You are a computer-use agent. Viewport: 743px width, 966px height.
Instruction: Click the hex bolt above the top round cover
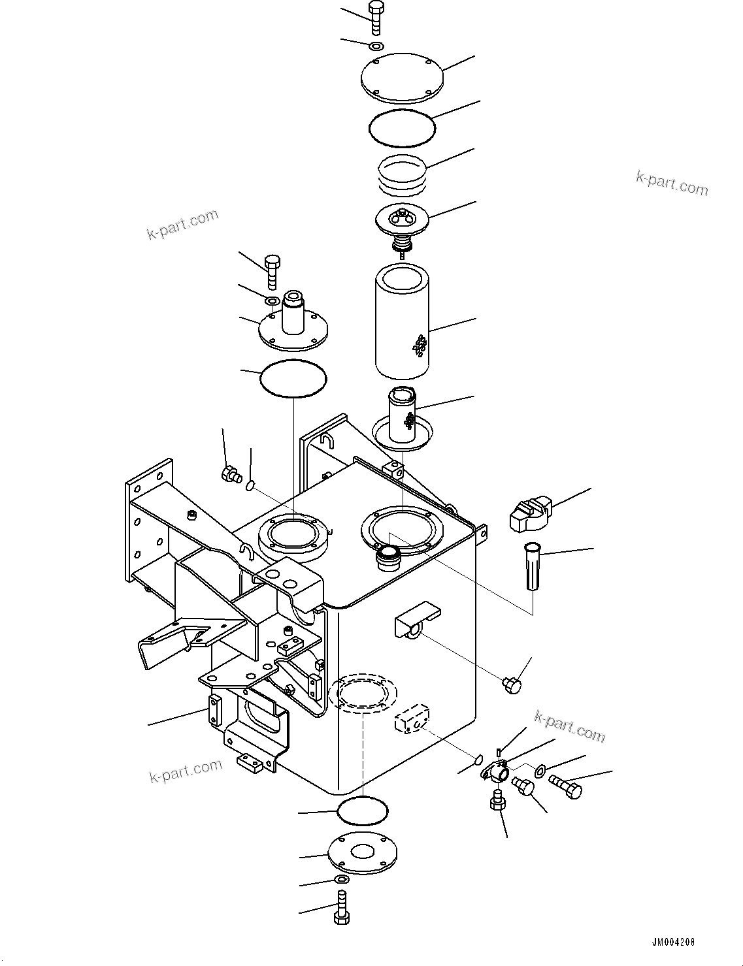[x=376, y=18]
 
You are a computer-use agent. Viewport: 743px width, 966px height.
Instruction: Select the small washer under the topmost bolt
[x=376, y=46]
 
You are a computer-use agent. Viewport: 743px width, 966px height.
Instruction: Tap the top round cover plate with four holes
[x=402, y=78]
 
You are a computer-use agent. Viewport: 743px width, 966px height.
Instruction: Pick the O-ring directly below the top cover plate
[x=401, y=129]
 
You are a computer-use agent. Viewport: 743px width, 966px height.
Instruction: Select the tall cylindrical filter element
[x=401, y=321]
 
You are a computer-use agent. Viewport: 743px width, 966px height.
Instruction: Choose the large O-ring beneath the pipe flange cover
[x=293, y=378]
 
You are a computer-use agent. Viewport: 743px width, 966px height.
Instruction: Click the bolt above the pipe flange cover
[x=272, y=271]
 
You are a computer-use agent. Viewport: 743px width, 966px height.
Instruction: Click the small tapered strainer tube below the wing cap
[x=533, y=566]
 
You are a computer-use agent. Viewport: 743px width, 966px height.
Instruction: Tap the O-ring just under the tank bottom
[x=363, y=812]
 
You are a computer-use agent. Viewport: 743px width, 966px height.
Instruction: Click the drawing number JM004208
[x=672, y=942]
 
